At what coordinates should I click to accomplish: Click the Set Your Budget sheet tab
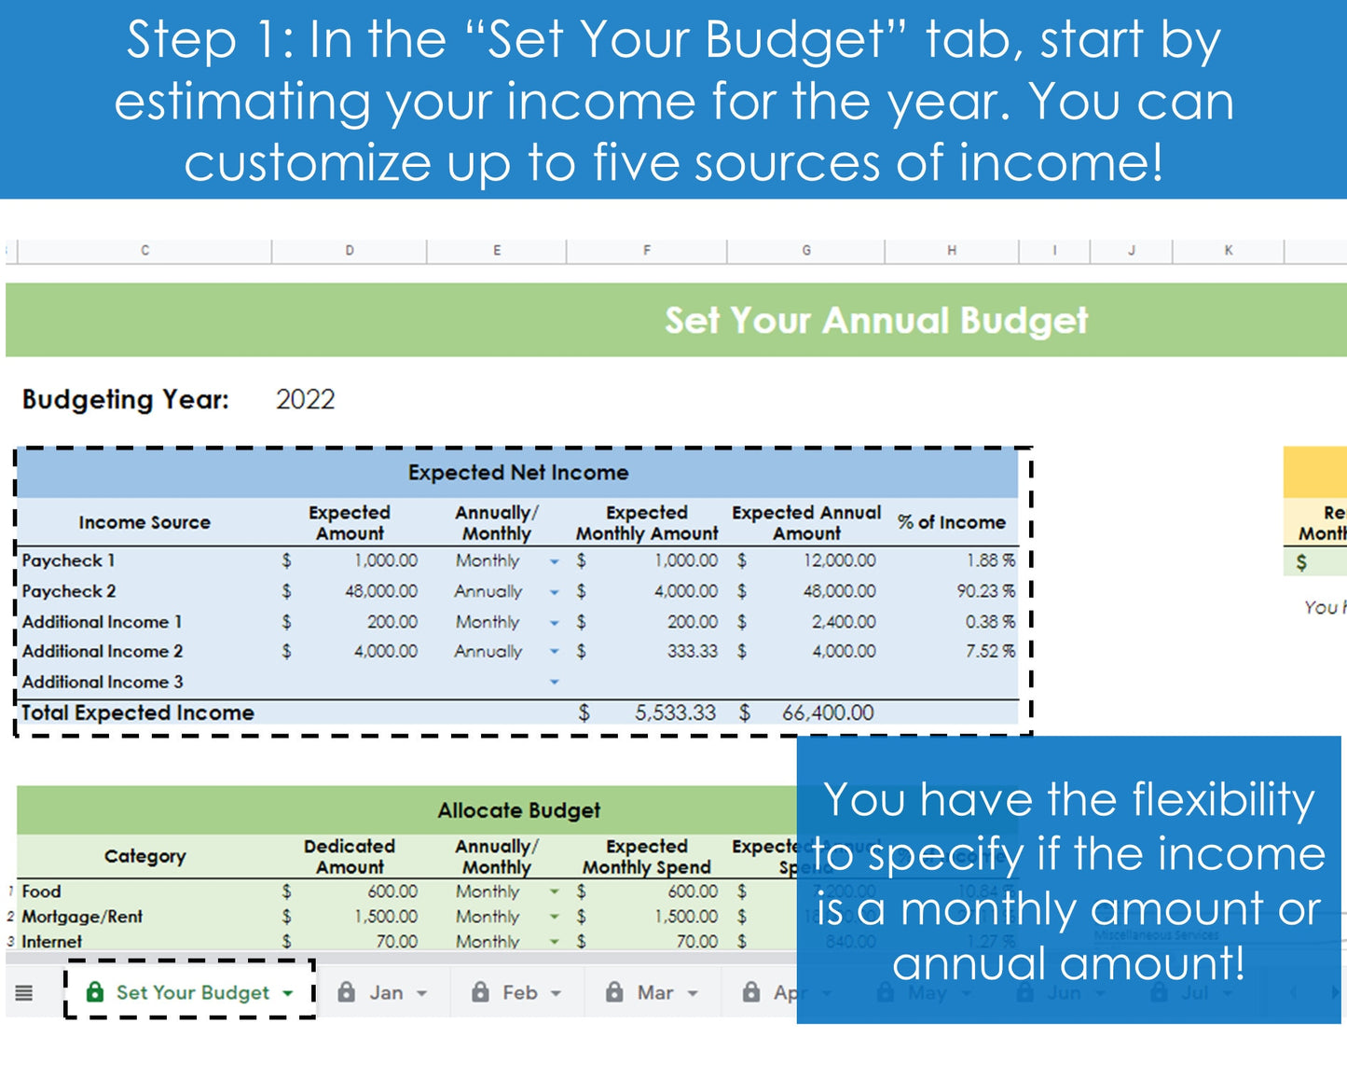[x=192, y=993]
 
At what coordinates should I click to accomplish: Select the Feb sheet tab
[x=519, y=993]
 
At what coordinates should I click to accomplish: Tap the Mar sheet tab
[x=654, y=993]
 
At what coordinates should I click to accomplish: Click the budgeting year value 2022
[x=305, y=400]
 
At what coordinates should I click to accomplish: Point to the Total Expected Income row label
[x=138, y=713]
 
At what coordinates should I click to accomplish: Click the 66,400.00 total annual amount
[x=828, y=713]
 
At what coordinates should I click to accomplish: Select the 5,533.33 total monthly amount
[x=675, y=713]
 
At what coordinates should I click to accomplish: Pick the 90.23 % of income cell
[x=989, y=591]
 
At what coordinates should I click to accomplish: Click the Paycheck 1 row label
[x=69, y=560]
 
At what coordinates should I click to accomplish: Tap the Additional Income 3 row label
[x=103, y=682]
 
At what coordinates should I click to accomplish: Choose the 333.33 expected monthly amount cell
[x=692, y=651]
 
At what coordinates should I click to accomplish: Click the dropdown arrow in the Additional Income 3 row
[x=555, y=682]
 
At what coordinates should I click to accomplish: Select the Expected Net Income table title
[x=518, y=473]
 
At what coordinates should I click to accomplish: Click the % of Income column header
[x=951, y=523]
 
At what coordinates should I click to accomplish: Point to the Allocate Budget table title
[x=518, y=810]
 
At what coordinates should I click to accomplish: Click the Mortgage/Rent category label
[x=82, y=917]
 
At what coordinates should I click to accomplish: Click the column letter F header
[x=646, y=250]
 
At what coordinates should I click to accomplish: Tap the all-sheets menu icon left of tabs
[x=24, y=993]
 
